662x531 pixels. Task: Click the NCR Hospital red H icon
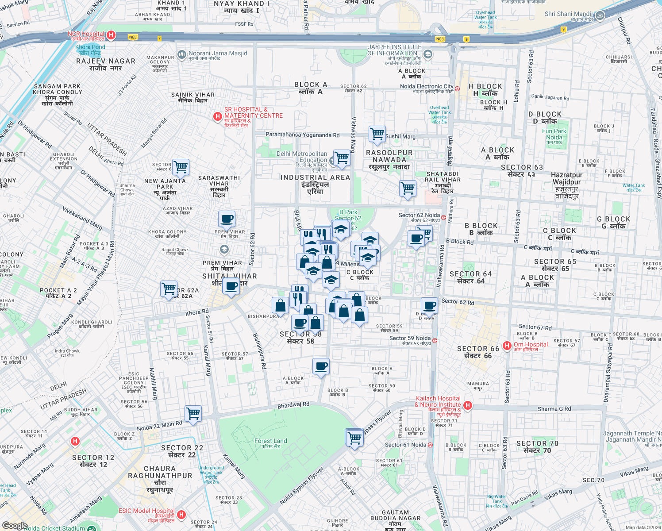pyautogui.click(x=111, y=35)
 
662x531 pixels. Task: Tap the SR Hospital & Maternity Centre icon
pyautogui.click(x=217, y=116)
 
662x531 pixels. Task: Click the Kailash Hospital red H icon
pyautogui.click(x=468, y=405)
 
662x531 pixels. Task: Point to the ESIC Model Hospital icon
pyautogui.click(x=181, y=515)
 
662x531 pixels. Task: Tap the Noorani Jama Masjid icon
pyautogui.click(x=181, y=55)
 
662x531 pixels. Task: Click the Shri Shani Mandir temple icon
pyautogui.click(x=600, y=15)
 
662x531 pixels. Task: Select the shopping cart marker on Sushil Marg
pyautogui.click(x=377, y=134)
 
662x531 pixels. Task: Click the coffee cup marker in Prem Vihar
pyautogui.click(x=227, y=219)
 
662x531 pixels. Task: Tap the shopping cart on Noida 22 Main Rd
pyautogui.click(x=193, y=414)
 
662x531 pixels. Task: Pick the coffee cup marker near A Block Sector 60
pyautogui.click(x=321, y=366)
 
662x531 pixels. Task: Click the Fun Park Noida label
pyautogui.click(x=554, y=134)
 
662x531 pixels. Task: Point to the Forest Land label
pyautogui.click(x=270, y=441)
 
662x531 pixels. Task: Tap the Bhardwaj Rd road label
pyautogui.click(x=293, y=405)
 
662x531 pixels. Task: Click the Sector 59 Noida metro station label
pyautogui.click(x=410, y=339)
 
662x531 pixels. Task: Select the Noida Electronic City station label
pyautogui.click(x=427, y=87)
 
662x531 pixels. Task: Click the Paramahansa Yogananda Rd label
pyautogui.click(x=303, y=135)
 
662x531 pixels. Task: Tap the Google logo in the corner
pyautogui.click(x=15, y=525)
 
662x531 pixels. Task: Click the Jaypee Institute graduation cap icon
pyautogui.click(x=427, y=54)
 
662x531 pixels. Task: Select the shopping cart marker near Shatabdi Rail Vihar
pyautogui.click(x=408, y=189)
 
